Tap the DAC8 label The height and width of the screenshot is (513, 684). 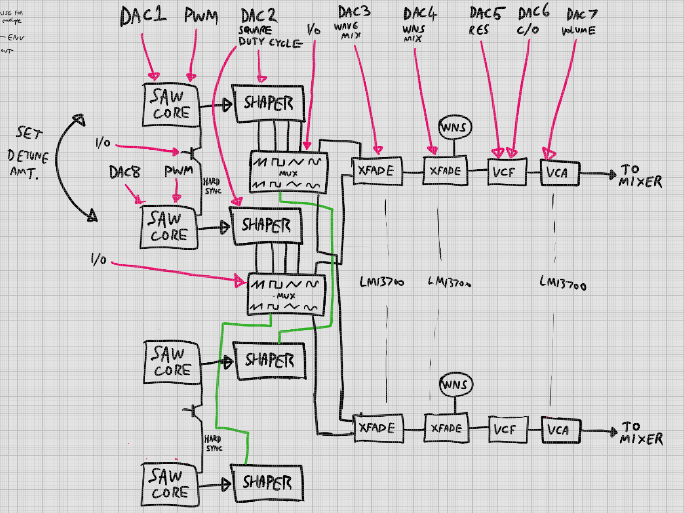tap(124, 172)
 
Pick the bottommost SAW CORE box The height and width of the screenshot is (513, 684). tap(170, 485)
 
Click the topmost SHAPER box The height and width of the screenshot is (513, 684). tap(268, 103)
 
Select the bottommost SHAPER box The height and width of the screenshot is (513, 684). tap(267, 483)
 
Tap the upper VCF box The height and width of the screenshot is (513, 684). tap(507, 172)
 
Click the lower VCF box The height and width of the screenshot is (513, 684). tap(508, 429)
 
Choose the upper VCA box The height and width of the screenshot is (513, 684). tap(560, 173)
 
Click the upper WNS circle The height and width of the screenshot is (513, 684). tap(455, 127)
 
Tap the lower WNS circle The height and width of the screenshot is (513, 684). tap(456, 385)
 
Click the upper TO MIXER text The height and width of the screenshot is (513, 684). tap(640, 176)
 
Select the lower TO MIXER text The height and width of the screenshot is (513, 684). tap(641, 433)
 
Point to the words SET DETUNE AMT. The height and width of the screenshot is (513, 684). tap(28, 153)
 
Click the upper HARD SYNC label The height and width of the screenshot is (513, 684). tap(212, 186)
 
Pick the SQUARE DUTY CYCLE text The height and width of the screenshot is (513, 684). tap(269, 36)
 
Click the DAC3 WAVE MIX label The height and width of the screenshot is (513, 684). tap(353, 22)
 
